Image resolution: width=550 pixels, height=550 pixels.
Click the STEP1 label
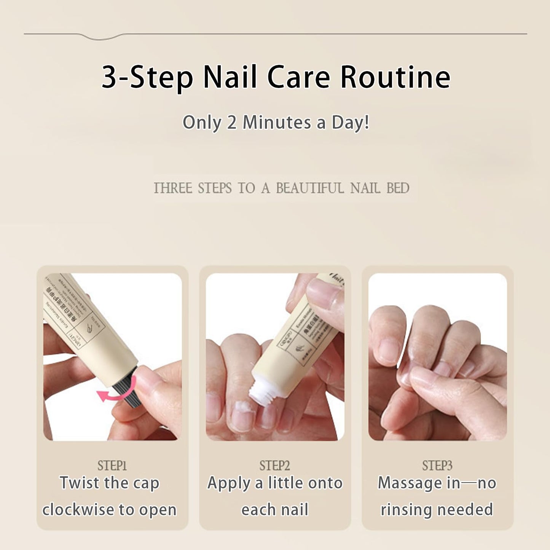112,466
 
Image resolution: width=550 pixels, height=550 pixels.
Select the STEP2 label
274,466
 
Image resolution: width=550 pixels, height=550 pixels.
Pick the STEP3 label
437,466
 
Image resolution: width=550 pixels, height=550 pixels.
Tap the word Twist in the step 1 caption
80,483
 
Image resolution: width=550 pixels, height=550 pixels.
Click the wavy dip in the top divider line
101,37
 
